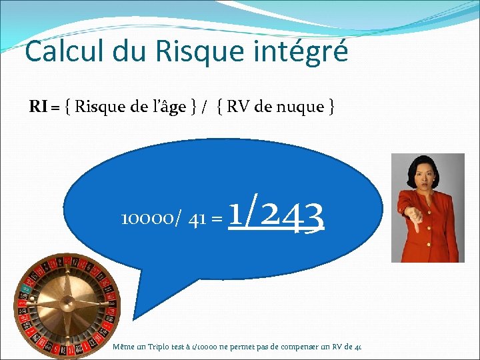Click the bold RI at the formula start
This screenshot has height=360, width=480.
coord(38,107)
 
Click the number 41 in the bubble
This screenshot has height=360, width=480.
coord(197,219)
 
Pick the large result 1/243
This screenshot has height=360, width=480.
coord(276,215)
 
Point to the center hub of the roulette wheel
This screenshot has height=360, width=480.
coord(67,305)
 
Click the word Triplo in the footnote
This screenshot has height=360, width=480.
coord(154,347)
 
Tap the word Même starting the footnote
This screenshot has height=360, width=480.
coord(123,347)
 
